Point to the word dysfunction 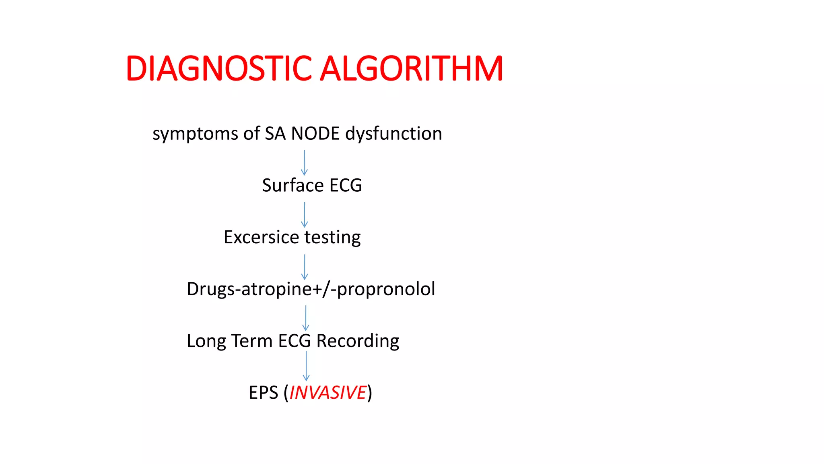[393, 134]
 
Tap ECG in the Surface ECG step [346, 185]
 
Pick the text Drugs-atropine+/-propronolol [311, 289]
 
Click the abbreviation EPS [263, 393]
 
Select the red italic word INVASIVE [328, 393]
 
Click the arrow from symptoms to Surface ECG [304, 162]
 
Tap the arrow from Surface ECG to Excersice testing [305, 215]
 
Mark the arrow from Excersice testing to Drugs [305, 267]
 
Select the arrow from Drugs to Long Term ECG [306, 318]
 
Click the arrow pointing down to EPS [306, 366]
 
